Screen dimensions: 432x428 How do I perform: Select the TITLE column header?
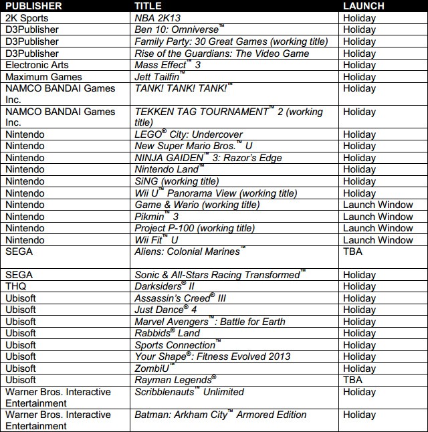(148, 6)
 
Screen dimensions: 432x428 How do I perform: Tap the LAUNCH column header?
(363, 6)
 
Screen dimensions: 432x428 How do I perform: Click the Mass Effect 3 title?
(167, 66)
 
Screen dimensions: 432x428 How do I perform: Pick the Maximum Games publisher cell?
(38, 77)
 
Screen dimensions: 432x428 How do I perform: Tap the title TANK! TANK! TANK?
(183, 88)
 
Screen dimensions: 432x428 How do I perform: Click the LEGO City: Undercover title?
(189, 135)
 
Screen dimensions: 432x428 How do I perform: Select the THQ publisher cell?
(17, 287)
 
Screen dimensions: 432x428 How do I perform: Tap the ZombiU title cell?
(156, 368)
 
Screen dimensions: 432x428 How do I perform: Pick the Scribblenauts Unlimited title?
(189, 392)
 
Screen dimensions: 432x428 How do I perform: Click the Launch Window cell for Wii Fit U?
(378, 240)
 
